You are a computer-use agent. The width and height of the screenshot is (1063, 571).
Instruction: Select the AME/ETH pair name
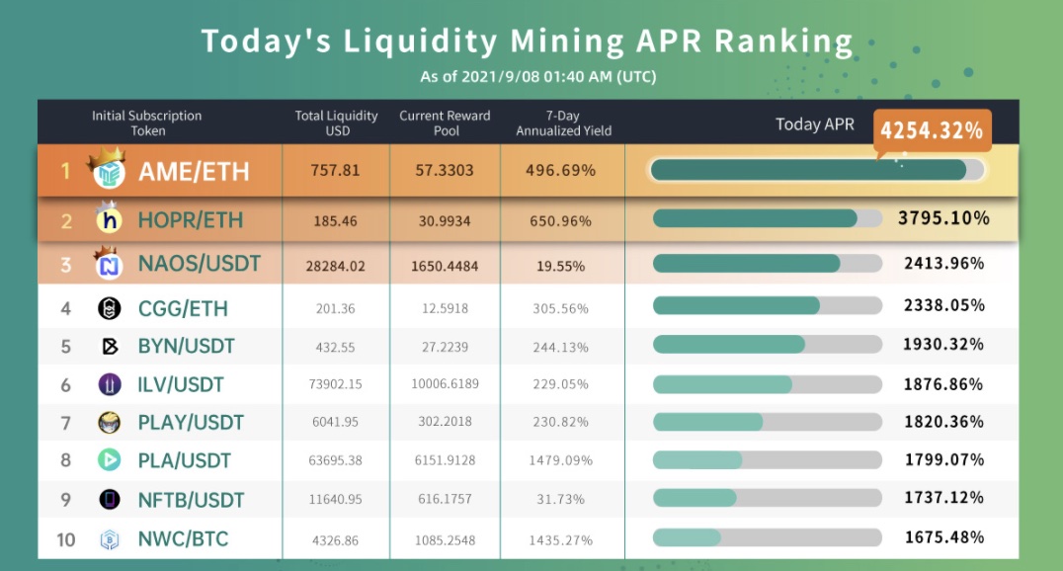(x=194, y=172)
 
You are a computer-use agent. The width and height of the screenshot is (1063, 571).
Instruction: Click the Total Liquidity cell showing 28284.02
(x=336, y=266)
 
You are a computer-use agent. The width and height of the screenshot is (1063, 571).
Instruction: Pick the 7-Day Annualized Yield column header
(x=563, y=123)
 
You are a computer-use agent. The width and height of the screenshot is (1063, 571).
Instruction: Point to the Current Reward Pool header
(x=445, y=123)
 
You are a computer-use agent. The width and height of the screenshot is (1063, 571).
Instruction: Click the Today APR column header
(x=814, y=124)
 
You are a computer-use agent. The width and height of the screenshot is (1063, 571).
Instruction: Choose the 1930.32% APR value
(x=943, y=345)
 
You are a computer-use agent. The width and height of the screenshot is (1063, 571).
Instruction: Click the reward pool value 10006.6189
(x=445, y=385)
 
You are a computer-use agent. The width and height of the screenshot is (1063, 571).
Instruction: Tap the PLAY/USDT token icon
(x=110, y=423)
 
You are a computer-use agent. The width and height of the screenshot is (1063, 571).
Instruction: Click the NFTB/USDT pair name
(x=191, y=500)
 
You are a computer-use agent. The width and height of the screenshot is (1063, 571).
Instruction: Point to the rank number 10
(x=66, y=538)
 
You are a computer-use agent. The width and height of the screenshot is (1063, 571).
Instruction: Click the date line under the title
(x=537, y=76)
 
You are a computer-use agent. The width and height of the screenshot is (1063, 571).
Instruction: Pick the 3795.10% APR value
(x=943, y=218)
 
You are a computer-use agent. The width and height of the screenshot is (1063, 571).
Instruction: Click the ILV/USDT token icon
(x=110, y=384)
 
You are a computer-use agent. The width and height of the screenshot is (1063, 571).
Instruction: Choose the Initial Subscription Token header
(x=147, y=123)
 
